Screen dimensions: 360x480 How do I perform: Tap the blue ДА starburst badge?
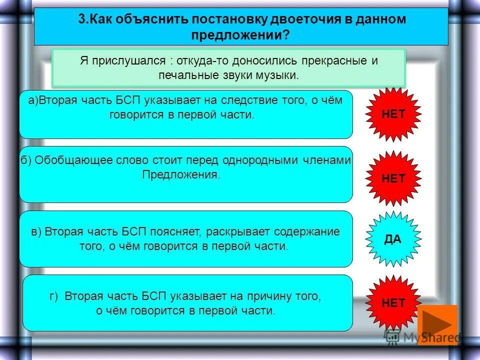pos(393,238)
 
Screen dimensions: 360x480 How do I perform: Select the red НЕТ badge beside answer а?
pos(393,113)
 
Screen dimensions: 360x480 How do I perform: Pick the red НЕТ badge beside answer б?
pos(393,178)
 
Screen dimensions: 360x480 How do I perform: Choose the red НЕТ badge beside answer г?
pos(393,302)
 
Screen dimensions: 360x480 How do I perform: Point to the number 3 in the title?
pos(81,19)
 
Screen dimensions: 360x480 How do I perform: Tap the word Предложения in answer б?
pos(181,174)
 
